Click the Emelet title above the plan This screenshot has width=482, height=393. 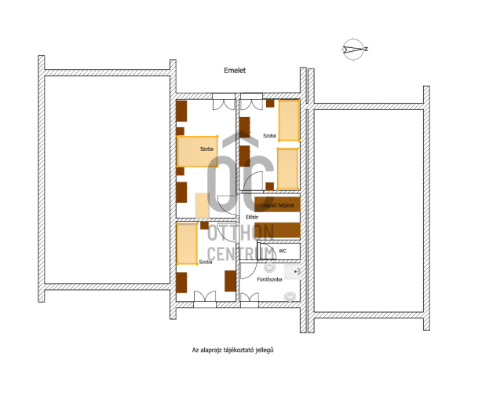235,71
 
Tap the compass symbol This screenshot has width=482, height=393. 353,49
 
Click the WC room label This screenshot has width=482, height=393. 283,251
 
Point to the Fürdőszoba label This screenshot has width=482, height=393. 269,280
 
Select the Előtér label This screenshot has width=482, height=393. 252,217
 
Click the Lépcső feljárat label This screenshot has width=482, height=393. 278,205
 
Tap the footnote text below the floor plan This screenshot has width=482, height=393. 232,350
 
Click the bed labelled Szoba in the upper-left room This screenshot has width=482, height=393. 197,152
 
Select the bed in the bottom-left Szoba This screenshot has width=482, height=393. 187,244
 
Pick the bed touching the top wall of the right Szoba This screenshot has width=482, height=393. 289,120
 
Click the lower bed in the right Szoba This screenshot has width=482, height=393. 288,169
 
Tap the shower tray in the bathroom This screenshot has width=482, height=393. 292,272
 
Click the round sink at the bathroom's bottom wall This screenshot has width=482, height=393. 290,296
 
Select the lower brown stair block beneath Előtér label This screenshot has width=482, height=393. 277,230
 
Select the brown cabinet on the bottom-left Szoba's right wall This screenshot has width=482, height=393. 230,281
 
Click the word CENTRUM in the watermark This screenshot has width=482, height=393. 241,254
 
